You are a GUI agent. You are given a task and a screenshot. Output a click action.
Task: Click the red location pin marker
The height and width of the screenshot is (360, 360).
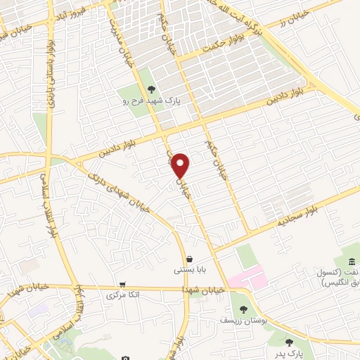(x=181, y=165)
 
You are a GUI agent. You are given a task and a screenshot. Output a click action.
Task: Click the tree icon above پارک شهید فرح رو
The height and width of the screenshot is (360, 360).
(x=152, y=89)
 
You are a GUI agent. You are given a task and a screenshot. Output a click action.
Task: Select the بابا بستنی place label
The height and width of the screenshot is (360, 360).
(x=191, y=269)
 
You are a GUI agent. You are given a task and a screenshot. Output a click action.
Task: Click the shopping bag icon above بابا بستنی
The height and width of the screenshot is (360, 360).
(x=191, y=258)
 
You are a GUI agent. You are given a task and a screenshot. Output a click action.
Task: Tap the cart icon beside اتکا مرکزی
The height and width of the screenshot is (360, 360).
(x=123, y=285)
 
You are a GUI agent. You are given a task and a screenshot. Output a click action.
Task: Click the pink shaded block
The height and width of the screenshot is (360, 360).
(x=247, y=275)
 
